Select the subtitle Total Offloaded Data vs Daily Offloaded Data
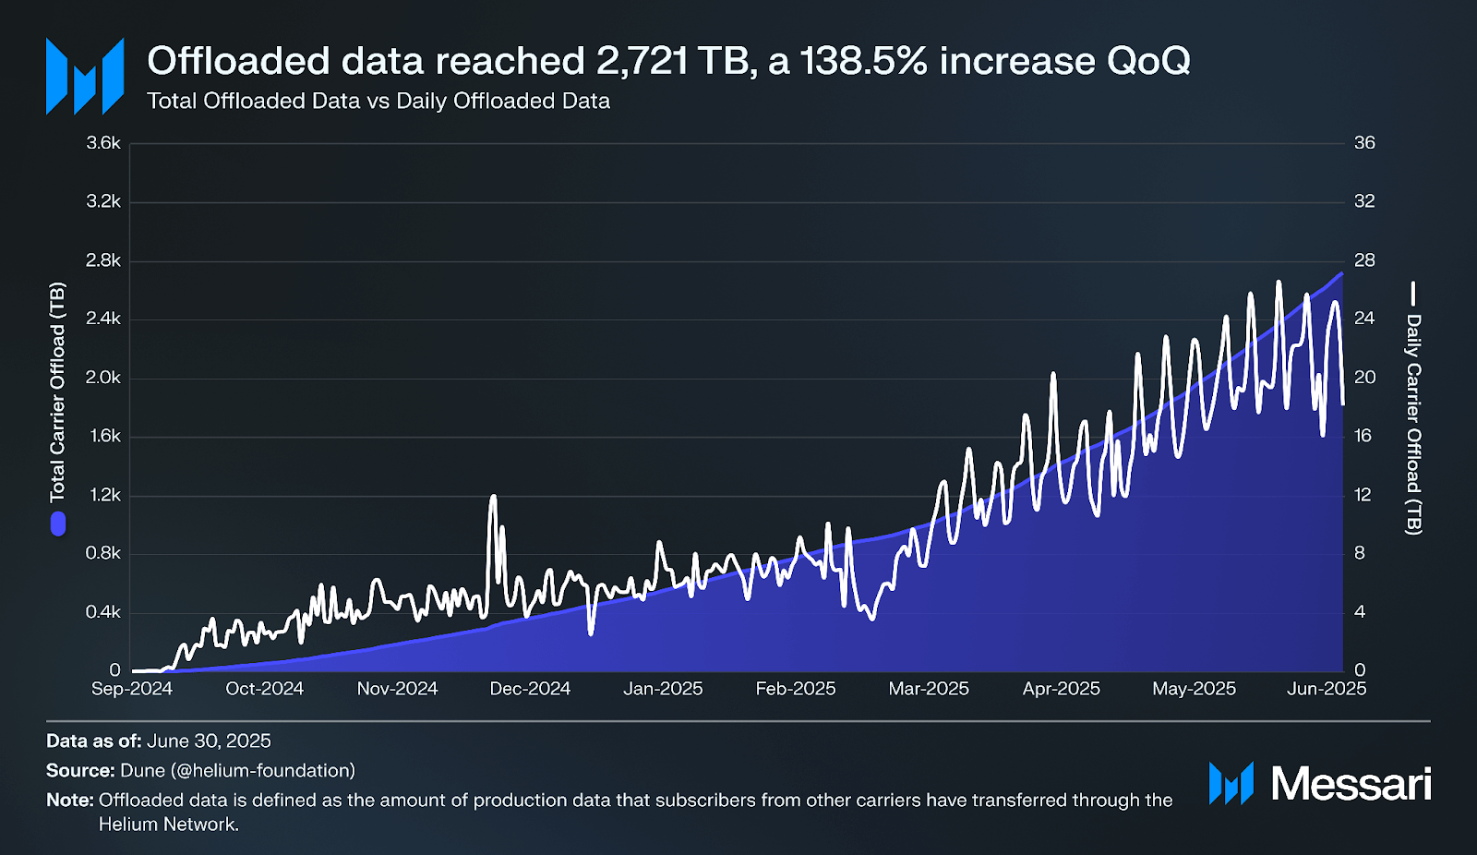[x=378, y=101]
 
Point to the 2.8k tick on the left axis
[x=103, y=260]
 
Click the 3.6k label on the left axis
[x=103, y=143]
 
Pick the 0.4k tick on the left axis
[x=103, y=612]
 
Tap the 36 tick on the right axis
[x=1364, y=143]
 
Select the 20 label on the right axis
[x=1364, y=378]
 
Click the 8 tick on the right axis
[x=1360, y=553]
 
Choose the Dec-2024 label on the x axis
[x=530, y=689]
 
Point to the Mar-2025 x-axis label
[x=929, y=689]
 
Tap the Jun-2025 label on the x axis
[x=1327, y=689]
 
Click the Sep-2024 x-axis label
[x=132, y=689]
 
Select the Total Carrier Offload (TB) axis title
[x=57, y=392]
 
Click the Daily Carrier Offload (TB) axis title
[x=1413, y=424]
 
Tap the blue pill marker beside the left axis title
[x=58, y=524]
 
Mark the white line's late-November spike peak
[x=493, y=497]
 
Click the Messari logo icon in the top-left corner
[x=85, y=77]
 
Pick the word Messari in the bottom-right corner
[x=1351, y=784]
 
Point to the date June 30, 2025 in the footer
[x=209, y=741]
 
